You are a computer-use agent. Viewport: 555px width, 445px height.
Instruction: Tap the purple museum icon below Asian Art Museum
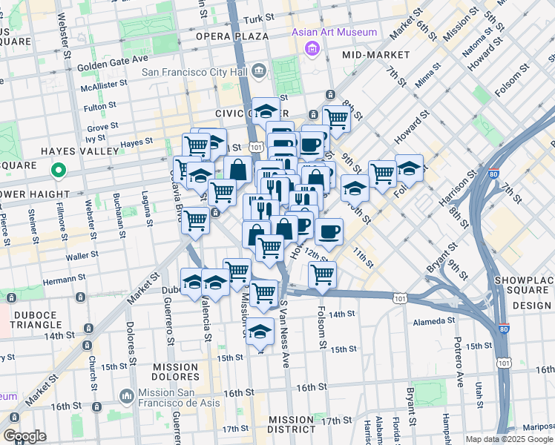pyautogui.click(x=311, y=48)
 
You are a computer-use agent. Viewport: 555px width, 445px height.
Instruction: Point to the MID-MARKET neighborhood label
pyautogui.click(x=376, y=55)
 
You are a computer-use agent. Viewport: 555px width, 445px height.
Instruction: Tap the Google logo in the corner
pyautogui.click(x=24, y=436)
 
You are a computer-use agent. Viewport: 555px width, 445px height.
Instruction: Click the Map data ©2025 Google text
pyautogui.click(x=508, y=439)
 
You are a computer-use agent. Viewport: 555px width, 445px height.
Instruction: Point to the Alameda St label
pyautogui.click(x=434, y=320)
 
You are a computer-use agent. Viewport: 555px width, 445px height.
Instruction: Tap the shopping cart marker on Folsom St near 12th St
pyautogui.click(x=322, y=274)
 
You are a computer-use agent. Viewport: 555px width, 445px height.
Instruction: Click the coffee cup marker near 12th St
pyautogui.click(x=329, y=231)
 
